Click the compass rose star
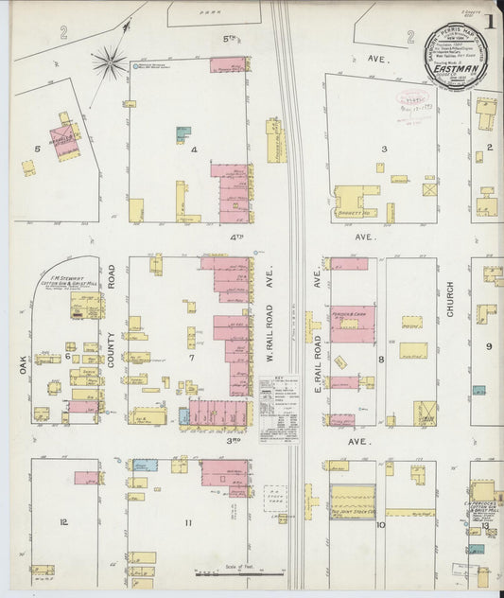110,64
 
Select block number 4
193,149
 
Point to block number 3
384,149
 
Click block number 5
38,149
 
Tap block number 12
63,521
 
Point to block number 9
489,346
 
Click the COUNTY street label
110,347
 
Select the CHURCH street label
451,299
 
